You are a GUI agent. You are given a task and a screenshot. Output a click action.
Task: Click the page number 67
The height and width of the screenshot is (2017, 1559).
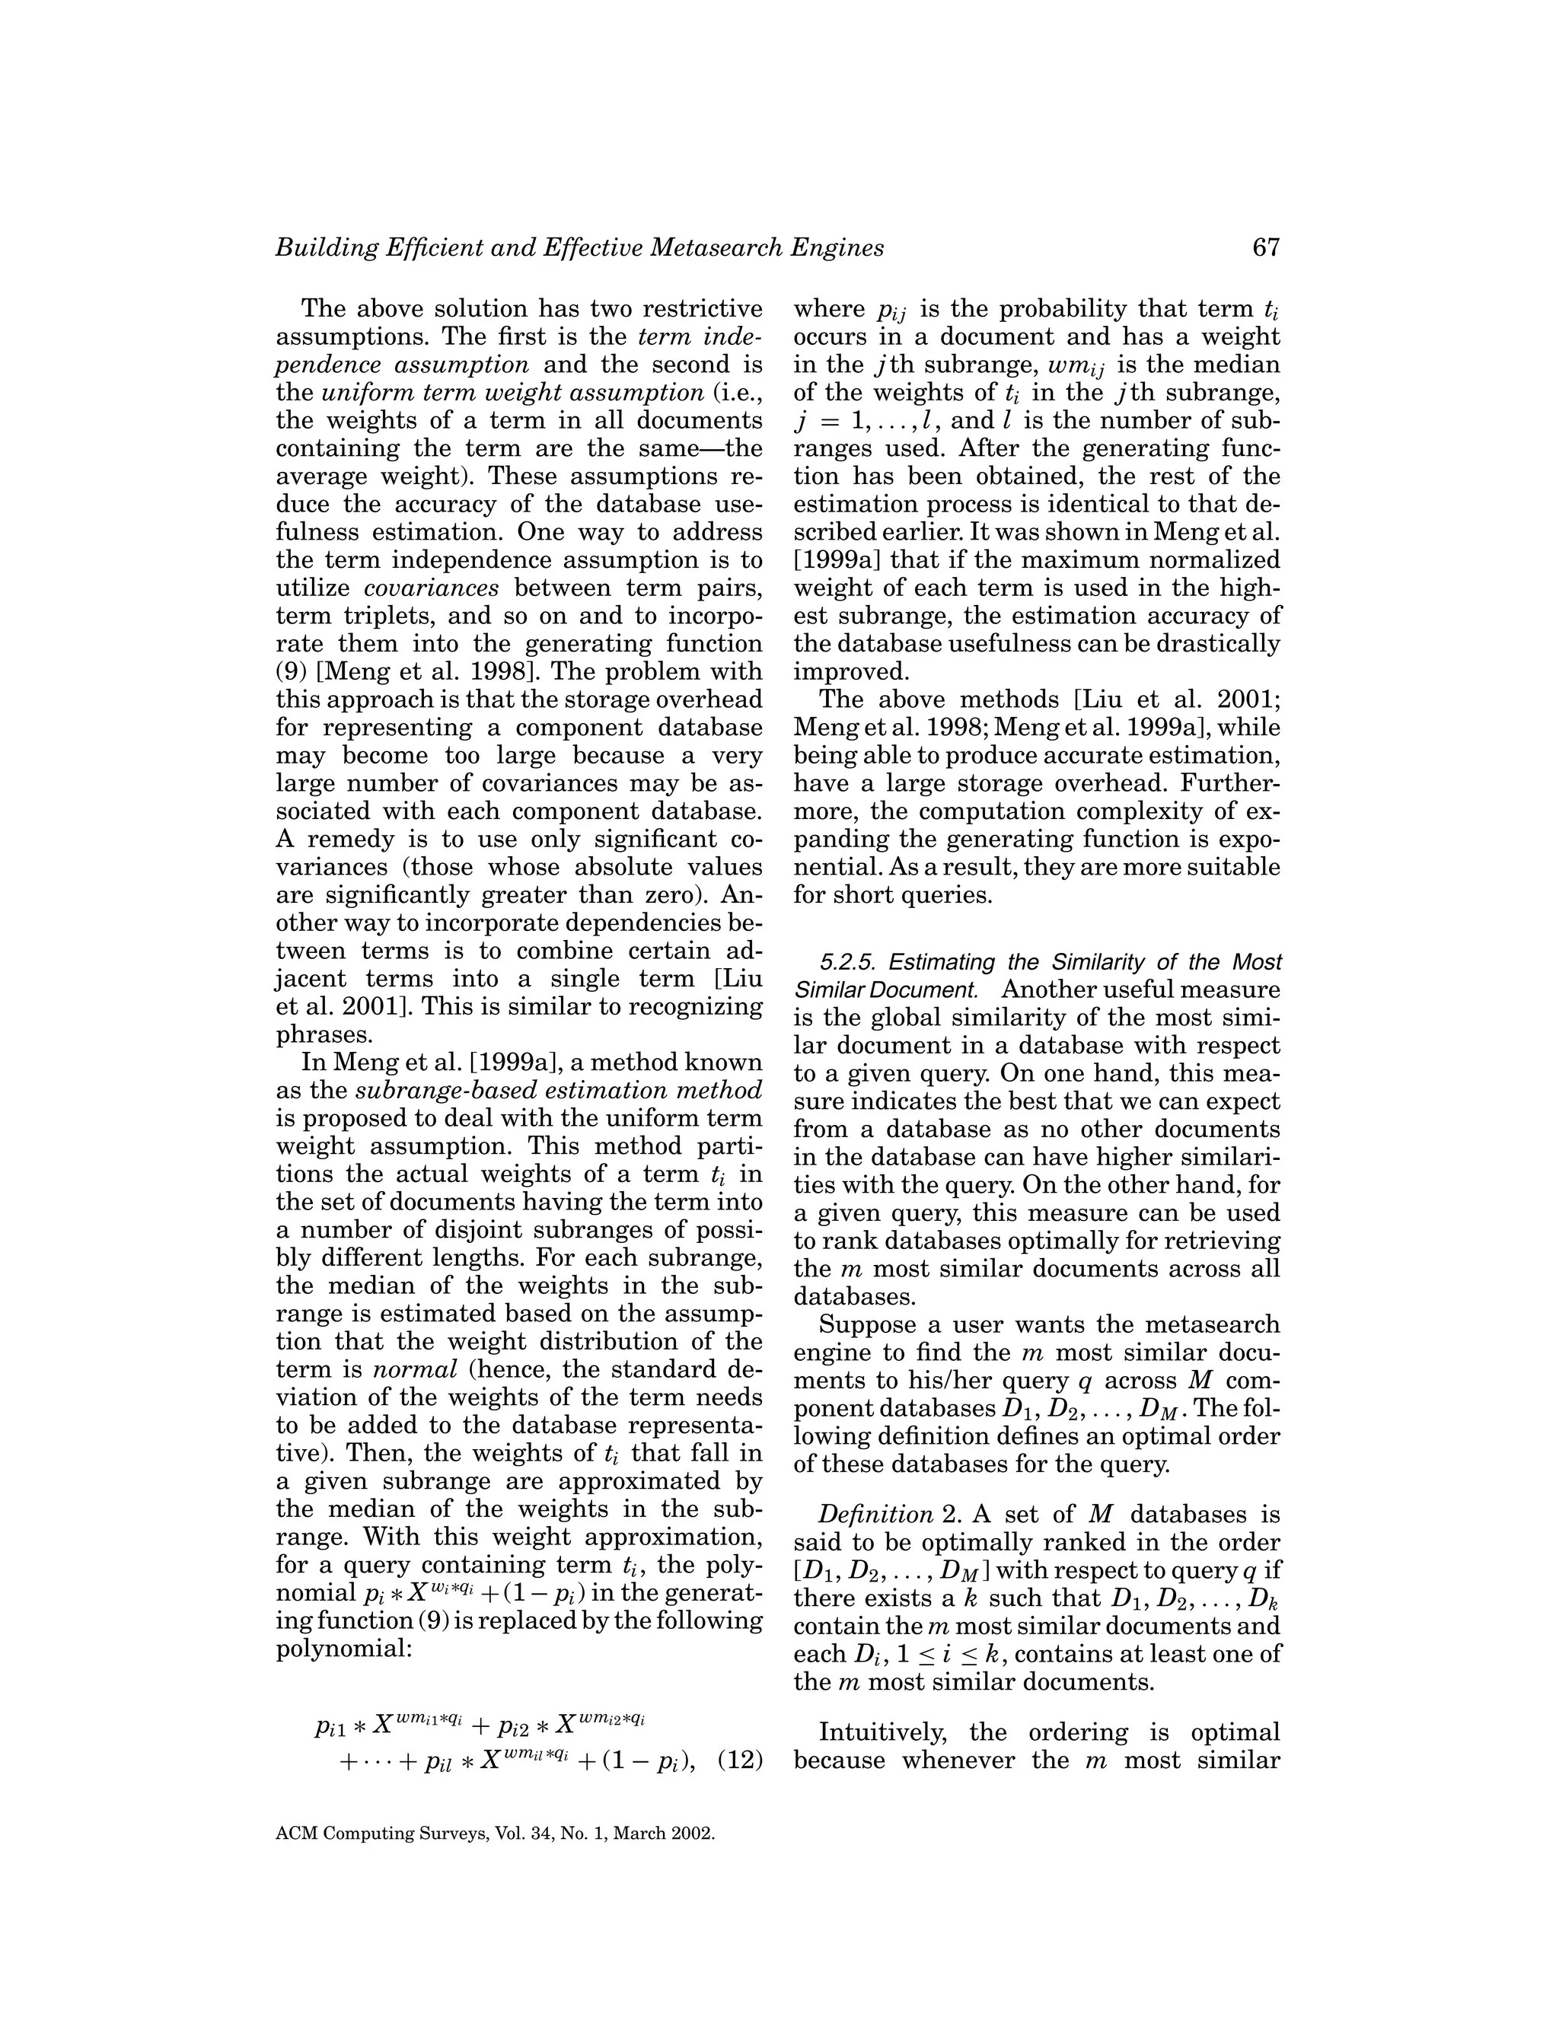tap(1266, 247)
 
